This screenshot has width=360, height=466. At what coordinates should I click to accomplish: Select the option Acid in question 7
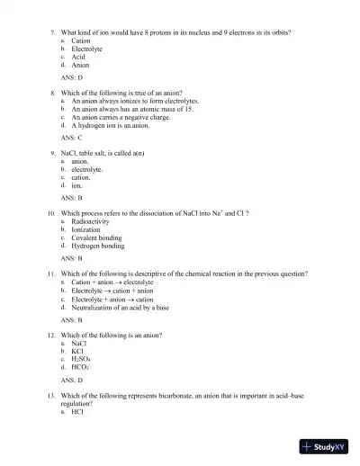[x=78, y=57]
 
